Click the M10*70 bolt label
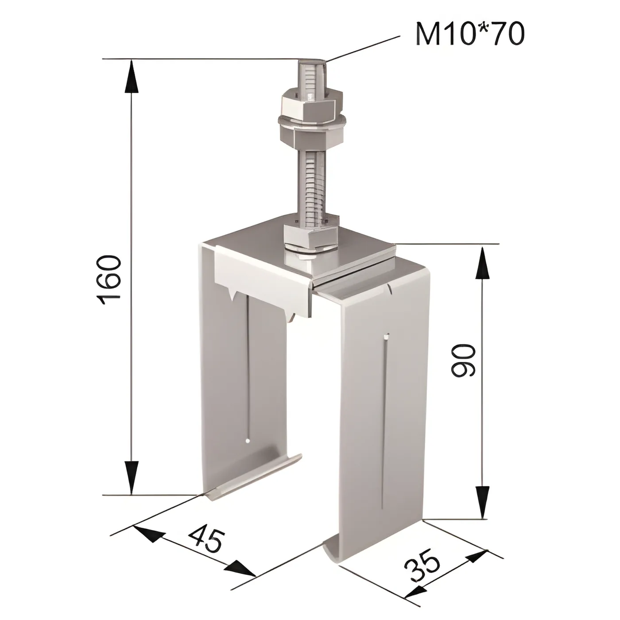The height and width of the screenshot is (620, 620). (470, 34)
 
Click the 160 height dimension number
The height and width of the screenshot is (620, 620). (110, 280)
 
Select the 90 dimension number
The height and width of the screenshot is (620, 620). (463, 360)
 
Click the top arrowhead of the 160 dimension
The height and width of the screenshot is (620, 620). (131, 77)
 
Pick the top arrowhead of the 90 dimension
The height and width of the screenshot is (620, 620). (482, 262)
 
